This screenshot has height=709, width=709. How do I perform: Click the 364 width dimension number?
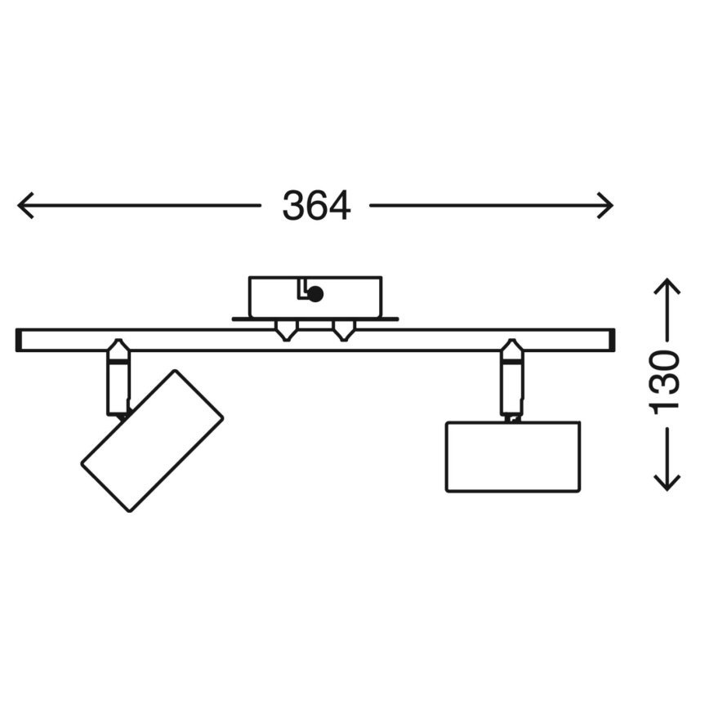tap(316, 206)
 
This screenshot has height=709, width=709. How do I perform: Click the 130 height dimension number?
tap(667, 382)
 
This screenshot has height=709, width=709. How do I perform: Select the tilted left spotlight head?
tap(152, 441)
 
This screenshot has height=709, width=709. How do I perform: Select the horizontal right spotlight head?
tap(513, 457)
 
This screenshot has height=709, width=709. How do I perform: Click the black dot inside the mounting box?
tap(315, 294)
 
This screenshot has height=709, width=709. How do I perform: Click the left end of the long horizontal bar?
tap(21, 340)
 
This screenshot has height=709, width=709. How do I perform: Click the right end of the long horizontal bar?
tap(609, 340)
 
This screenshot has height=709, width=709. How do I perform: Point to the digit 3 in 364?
tap(294, 206)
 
